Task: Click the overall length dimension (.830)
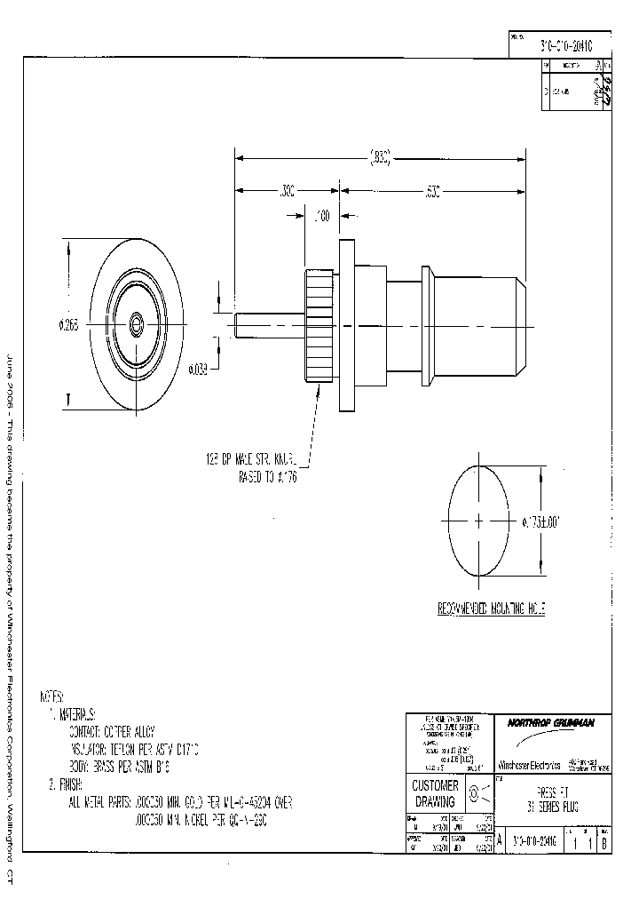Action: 380,160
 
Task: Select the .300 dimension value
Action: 287,190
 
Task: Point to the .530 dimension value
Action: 432,190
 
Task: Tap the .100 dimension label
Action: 322,215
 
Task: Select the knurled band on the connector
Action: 318,323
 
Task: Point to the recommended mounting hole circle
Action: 479,520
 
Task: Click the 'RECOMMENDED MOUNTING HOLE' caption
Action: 490,609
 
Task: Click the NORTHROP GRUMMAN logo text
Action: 550,722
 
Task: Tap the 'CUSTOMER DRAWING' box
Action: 436,793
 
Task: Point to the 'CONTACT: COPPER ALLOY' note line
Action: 112,732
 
